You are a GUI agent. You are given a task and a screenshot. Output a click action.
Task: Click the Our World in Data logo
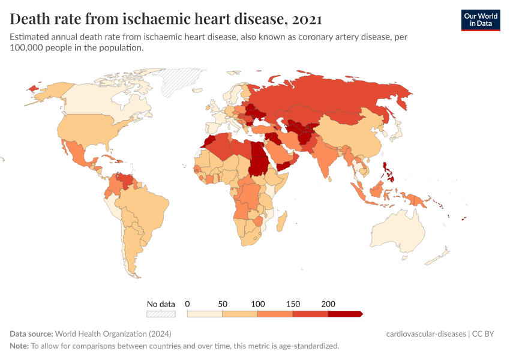click(x=480, y=20)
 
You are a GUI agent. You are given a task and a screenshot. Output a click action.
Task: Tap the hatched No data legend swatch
click(x=161, y=313)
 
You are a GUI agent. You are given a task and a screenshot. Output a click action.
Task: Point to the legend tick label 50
click(x=223, y=304)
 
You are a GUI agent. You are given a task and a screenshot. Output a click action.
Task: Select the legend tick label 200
click(x=328, y=304)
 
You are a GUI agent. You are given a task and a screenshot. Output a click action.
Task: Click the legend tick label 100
click(x=257, y=304)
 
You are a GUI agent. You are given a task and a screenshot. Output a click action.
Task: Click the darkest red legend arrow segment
click(x=344, y=313)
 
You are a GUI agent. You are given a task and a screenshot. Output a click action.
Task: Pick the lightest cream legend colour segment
click(x=205, y=313)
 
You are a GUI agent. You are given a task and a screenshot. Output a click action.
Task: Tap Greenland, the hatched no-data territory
click(x=184, y=81)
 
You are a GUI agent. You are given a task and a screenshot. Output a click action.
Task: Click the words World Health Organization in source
click(x=101, y=334)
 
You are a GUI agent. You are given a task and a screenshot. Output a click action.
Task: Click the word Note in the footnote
click(x=19, y=346)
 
